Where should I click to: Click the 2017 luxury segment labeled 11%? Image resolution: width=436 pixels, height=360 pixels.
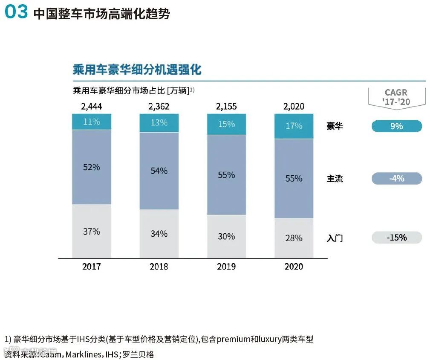[x=92, y=122]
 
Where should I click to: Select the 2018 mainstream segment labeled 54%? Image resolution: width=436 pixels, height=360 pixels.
[x=159, y=171]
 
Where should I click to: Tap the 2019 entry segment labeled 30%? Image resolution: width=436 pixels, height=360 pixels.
[x=226, y=236]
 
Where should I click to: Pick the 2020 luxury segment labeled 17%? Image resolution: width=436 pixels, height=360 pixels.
[x=294, y=126]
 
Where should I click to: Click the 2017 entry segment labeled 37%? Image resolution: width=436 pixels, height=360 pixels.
[x=92, y=231]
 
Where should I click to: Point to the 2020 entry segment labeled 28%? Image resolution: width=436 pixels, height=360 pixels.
[x=294, y=238]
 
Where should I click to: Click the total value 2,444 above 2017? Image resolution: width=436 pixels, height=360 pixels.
[x=92, y=106]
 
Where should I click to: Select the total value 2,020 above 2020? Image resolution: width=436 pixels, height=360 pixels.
[x=294, y=106]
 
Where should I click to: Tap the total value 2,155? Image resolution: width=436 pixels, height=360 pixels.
[x=226, y=106]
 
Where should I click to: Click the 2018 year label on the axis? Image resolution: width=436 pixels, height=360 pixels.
[x=159, y=267]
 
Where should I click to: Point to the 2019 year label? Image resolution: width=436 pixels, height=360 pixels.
[x=226, y=267]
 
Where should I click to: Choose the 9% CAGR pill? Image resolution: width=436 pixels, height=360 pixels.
[x=396, y=126]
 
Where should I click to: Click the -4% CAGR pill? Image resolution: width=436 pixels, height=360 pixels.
[x=396, y=178]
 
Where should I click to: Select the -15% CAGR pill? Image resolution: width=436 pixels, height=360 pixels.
[x=396, y=238]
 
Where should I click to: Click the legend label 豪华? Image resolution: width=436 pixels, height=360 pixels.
[x=335, y=126]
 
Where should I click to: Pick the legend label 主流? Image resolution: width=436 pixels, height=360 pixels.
[x=335, y=179]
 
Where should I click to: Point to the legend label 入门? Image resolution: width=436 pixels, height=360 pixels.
[x=335, y=238]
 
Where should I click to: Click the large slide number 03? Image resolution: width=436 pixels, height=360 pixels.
[x=16, y=12]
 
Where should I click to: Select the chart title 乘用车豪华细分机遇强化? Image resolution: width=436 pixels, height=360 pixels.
[x=137, y=70]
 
